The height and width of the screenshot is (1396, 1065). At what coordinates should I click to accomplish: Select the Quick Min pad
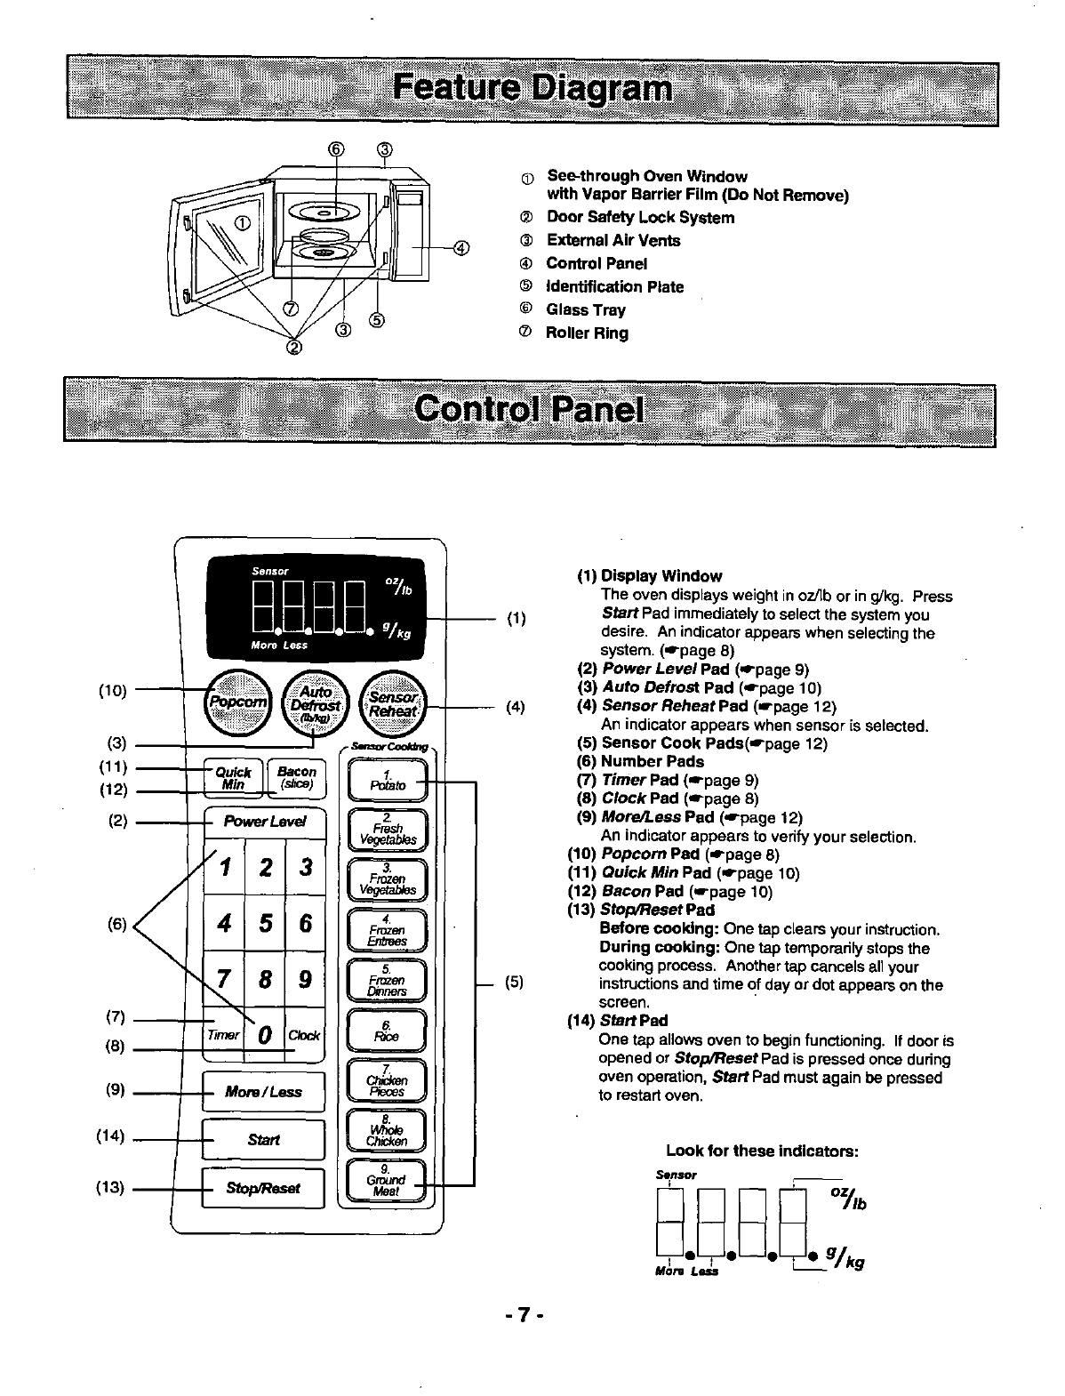(x=234, y=777)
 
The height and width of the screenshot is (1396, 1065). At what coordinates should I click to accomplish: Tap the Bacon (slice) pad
(x=296, y=777)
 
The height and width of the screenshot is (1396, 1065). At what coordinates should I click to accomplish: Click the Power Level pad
(x=265, y=822)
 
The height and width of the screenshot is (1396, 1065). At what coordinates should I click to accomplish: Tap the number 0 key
(x=264, y=1036)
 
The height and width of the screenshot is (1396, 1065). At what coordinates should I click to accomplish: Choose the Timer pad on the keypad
(x=222, y=1036)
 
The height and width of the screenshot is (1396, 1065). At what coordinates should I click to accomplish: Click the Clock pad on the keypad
(x=304, y=1036)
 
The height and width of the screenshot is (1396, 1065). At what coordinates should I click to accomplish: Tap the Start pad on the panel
(x=264, y=1140)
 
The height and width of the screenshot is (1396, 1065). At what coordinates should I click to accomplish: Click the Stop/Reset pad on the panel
(x=264, y=1188)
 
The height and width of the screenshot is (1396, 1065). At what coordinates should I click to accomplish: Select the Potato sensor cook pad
(x=388, y=781)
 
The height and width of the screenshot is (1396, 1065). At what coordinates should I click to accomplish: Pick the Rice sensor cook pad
(x=388, y=1031)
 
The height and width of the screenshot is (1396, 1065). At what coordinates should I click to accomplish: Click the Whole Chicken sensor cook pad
(x=388, y=1132)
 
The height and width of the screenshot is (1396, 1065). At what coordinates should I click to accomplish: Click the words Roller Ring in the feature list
(x=587, y=333)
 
